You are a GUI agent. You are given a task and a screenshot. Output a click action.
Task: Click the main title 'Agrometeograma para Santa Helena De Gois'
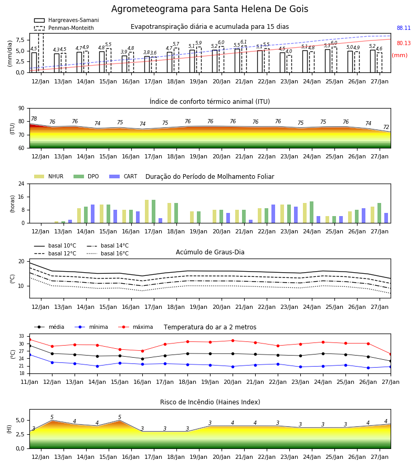pos(209,9)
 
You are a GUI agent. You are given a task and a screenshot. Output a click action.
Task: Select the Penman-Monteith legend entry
pos(64,28)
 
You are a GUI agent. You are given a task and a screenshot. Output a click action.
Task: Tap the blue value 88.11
pos(404,28)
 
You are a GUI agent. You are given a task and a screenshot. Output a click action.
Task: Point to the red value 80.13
pos(404,43)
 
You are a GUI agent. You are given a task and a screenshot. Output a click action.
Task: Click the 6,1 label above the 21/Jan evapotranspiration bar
pos(244,42)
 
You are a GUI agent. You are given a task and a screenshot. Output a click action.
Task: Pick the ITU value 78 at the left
pos(34,119)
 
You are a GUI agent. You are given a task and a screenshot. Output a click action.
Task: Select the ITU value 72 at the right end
pos(386,127)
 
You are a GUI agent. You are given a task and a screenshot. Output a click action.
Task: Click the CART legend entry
pos(123,176)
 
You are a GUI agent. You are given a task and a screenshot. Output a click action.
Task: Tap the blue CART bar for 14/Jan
pos(92,214)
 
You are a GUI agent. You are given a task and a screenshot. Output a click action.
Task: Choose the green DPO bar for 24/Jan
pos(311,212)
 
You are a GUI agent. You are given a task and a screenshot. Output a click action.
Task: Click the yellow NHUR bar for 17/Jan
pos(146,211)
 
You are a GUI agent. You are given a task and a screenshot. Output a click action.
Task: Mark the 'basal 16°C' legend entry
pos(108,253)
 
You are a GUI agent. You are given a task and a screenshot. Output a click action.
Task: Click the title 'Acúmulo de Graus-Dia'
pos(210,252)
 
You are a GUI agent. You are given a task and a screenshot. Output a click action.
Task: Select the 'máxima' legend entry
pos(135,327)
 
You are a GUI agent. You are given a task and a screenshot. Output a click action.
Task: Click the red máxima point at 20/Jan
pos(233,341)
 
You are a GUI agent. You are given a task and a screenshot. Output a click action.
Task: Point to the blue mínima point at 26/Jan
pos(368,368)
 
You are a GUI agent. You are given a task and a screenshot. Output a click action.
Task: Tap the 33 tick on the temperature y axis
pos(22,336)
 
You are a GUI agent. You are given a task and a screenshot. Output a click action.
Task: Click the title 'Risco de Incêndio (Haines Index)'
pos(210,402)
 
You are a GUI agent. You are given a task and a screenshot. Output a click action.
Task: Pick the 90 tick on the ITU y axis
pos(22,109)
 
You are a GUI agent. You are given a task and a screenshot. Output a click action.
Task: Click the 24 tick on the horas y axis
pos(22,184)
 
